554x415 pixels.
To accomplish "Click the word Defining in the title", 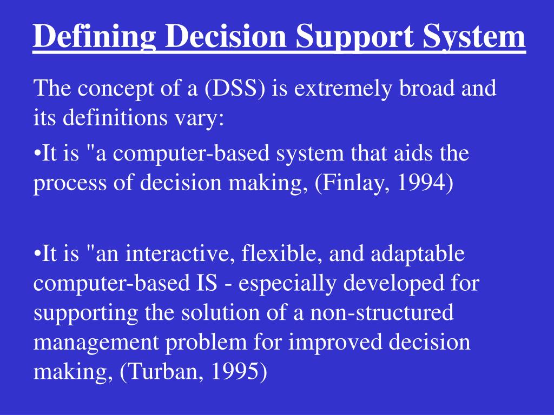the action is (94, 36).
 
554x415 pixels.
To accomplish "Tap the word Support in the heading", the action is (355, 36).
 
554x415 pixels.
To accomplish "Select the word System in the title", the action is (474, 36).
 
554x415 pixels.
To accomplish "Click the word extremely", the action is (343, 89).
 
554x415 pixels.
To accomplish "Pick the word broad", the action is (427, 88).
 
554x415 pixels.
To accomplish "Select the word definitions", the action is (115, 117).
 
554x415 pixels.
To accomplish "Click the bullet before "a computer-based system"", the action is (37, 155).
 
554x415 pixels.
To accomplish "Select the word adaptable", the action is (418, 254).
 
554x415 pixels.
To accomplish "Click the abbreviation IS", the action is (207, 283).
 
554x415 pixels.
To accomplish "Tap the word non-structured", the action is (382, 313).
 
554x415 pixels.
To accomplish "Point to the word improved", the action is (335, 342).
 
